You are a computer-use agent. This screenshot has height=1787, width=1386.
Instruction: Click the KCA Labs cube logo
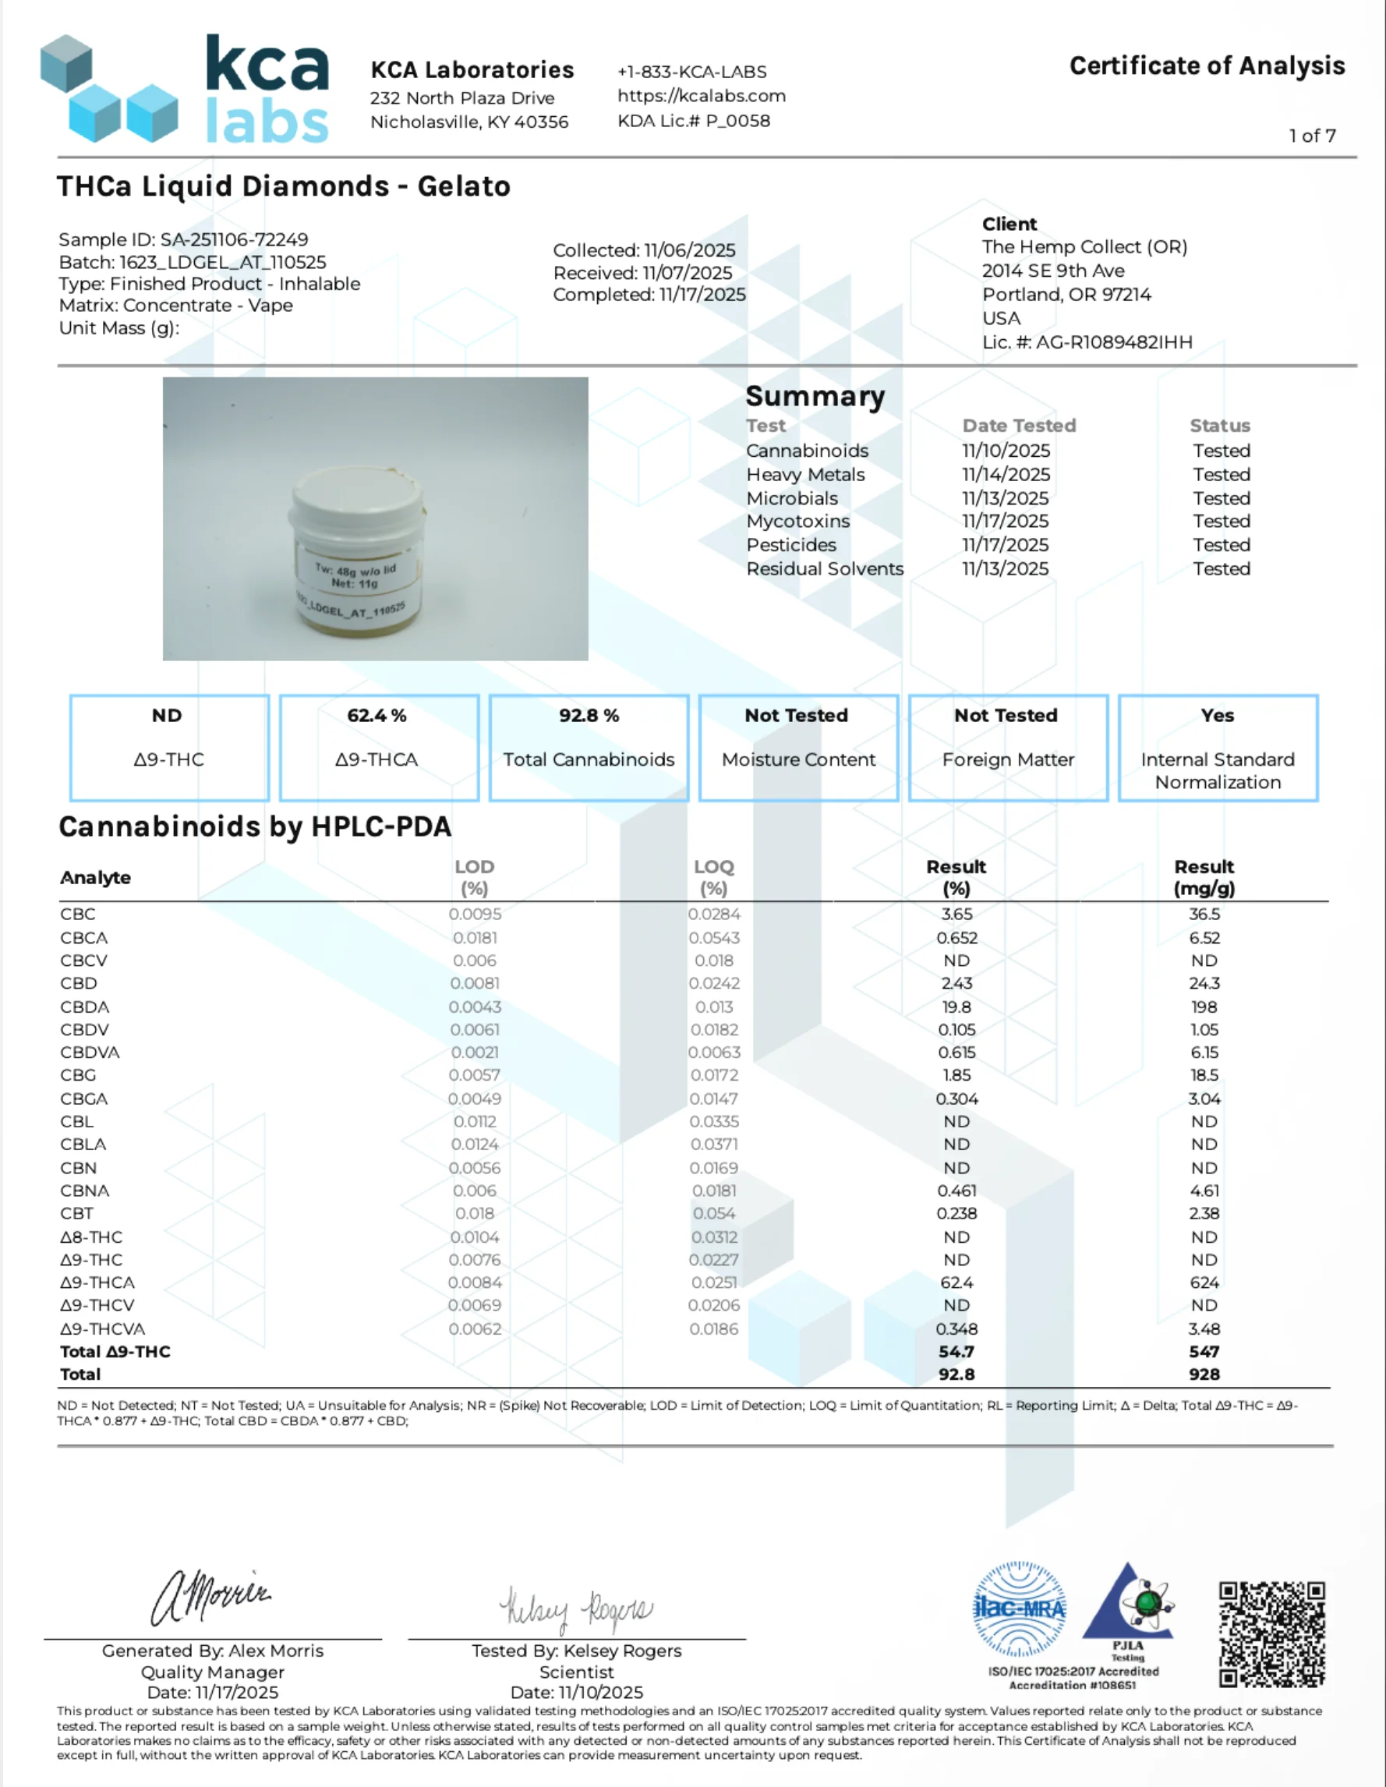tap(108, 88)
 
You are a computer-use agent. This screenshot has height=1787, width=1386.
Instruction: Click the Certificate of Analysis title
tap(1207, 65)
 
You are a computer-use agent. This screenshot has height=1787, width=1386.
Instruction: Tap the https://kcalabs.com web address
tap(701, 96)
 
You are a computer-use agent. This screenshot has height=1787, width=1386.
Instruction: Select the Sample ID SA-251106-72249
tap(234, 239)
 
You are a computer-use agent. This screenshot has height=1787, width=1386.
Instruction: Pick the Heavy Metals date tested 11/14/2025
tap(1006, 475)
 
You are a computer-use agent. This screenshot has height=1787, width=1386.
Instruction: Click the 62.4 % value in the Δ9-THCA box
tap(377, 715)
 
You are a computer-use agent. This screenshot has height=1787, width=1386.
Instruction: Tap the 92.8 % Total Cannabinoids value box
tap(589, 746)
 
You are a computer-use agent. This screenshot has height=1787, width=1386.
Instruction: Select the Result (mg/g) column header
tap(1204, 877)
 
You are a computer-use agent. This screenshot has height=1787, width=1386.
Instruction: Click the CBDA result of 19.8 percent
tap(956, 1007)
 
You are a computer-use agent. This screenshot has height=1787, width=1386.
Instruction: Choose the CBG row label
tap(78, 1075)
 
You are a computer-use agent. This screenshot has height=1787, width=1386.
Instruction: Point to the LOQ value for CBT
tap(713, 1213)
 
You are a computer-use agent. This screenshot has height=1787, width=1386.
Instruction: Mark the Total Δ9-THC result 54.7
tap(956, 1352)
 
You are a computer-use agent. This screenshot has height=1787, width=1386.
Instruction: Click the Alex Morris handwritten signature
tap(211, 1596)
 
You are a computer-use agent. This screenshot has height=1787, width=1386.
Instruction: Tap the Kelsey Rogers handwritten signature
tap(576, 1608)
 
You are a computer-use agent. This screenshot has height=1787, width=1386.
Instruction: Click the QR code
tap(1271, 1634)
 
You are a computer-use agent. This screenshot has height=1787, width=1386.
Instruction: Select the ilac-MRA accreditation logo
tap(1019, 1608)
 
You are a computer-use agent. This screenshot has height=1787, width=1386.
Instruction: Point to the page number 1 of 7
tap(1311, 136)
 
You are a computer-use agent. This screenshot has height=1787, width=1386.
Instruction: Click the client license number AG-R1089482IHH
tap(1113, 342)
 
